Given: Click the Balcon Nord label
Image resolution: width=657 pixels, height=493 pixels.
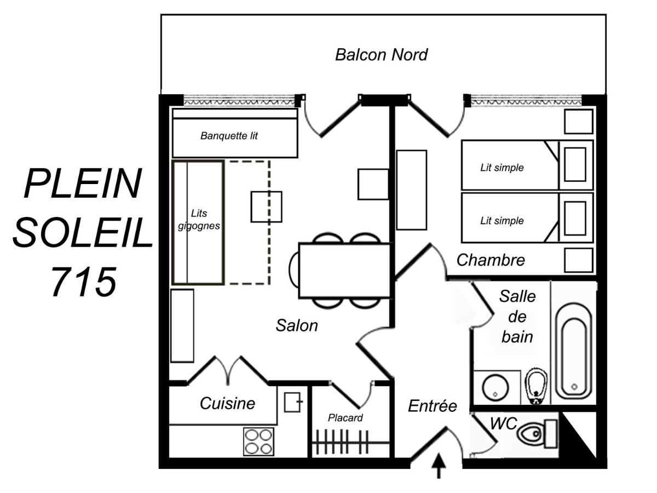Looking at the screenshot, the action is click(x=381, y=55).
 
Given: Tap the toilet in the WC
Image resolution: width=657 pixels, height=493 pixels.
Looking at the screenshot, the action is click(x=537, y=433).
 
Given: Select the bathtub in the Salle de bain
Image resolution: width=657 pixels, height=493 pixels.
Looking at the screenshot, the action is click(x=573, y=352).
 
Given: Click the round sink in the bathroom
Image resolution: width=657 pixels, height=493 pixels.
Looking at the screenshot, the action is click(x=495, y=387).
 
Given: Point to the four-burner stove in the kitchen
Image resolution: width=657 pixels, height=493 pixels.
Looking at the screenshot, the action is click(x=258, y=442).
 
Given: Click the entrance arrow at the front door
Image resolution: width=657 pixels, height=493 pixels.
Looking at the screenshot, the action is click(x=439, y=466).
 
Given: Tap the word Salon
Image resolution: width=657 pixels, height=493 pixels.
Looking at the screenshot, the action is click(x=297, y=325).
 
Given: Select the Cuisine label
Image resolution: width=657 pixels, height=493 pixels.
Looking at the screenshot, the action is click(x=227, y=403).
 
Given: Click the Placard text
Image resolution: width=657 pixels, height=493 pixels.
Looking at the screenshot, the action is click(x=345, y=417).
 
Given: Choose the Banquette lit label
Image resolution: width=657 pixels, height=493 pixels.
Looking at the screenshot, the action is click(x=229, y=136).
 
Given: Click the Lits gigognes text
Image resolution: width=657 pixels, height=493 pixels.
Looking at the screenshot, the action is click(x=199, y=220).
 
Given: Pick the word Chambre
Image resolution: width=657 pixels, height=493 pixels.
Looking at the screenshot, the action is click(x=491, y=260).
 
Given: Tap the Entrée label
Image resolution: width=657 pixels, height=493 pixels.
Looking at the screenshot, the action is click(x=432, y=406).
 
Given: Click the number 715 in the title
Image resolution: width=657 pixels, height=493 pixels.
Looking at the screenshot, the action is click(x=84, y=282).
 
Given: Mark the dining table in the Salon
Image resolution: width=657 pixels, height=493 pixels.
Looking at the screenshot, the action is click(x=344, y=271).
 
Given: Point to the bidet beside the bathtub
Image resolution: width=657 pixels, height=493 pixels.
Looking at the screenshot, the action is click(x=536, y=386).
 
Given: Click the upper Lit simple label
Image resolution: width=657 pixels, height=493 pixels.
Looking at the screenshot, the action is click(x=502, y=168).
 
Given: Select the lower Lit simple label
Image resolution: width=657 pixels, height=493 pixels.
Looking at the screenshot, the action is click(x=502, y=221).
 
